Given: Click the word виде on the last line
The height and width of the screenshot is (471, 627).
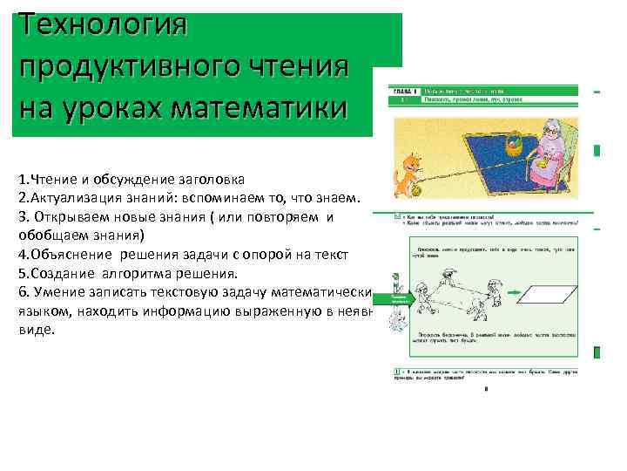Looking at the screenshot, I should pos(36,331).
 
